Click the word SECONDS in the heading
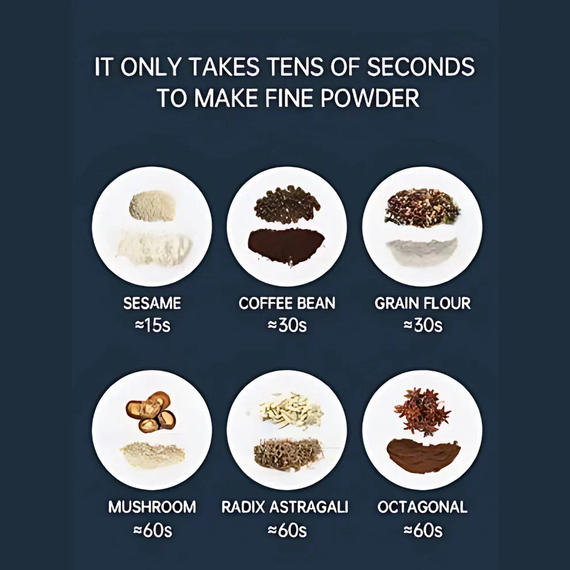coord(421,67)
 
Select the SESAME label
coord(152,303)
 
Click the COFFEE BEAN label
coord(287,303)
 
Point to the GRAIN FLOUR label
coord(423,303)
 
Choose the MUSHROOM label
coord(152,507)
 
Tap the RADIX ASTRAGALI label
coord(284,507)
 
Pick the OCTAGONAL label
coord(423,507)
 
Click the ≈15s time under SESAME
coord(153,325)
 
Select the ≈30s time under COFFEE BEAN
coord(287,325)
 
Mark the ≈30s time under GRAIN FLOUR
coord(423,325)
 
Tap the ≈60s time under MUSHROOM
coord(153,530)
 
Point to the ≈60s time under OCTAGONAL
coord(423,530)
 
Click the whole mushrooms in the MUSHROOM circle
coord(151,412)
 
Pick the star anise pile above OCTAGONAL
coord(421,411)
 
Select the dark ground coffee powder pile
coord(286,246)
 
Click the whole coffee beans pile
coord(287,204)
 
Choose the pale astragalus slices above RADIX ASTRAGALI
coord(291,411)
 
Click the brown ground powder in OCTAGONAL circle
coord(423,455)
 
